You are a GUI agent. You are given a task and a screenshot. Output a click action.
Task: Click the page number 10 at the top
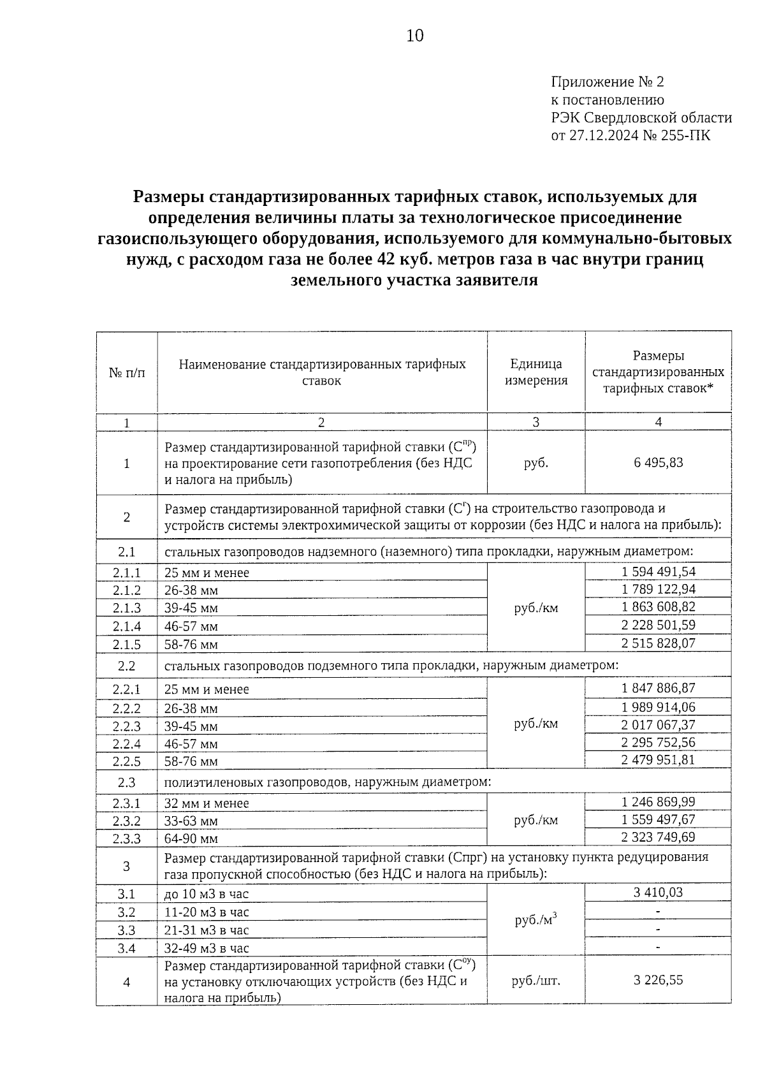click(x=414, y=36)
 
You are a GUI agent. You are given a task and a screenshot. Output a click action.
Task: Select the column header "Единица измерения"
click(x=536, y=372)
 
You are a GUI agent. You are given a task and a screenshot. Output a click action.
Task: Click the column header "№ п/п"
click(x=127, y=372)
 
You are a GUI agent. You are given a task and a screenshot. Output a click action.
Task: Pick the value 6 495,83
click(x=658, y=462)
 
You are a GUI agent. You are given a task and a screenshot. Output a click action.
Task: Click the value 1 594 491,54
click(x=658, y=571)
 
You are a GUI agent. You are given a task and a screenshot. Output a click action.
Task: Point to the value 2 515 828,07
click(x=658, y=643)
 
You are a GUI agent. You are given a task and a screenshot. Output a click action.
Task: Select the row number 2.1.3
click(x=127, y=608)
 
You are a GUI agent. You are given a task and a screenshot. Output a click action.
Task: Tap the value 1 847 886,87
click(x=658, y=688)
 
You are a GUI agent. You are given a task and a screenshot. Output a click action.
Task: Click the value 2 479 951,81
click(x=658, y=759)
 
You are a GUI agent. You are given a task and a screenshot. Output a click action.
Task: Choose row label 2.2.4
click(x=127, y=743)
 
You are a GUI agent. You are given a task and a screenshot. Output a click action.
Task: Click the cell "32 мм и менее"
click(x=207, y=803)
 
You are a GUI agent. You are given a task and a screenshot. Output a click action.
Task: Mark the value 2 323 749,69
click(x=658, y=837)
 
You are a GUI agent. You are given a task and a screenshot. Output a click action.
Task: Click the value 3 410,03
click(x=658, y=892)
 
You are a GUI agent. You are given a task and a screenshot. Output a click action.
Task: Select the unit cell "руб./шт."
click(x=536, y=981)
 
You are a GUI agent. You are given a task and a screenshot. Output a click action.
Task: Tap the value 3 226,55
click(x=658, y=980)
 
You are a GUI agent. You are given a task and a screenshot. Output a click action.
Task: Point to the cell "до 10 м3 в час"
click(x=207, y=895)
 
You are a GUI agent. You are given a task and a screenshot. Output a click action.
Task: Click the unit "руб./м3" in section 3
click(x=536, y=920)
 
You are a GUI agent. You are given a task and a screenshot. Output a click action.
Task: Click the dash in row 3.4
click(x=658, y=947)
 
